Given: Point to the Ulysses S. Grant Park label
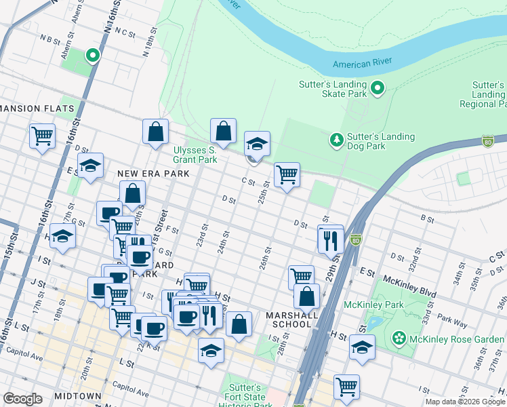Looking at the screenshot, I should click(195, 154).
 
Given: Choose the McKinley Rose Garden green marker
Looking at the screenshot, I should click(399, 337).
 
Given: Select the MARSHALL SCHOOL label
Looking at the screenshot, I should click(292, 319).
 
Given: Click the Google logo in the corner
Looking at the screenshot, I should click(22, 399).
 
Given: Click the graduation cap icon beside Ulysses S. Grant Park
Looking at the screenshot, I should click(257, 144).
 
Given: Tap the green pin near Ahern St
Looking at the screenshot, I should click(92, 55).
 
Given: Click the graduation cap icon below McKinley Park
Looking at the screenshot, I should click(363, 347).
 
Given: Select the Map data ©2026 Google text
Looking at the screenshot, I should click(465, 402).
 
